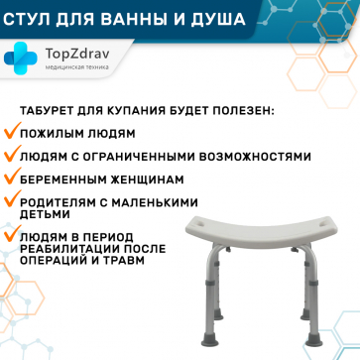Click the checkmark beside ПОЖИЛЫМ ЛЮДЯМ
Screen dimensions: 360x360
[11, 132]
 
